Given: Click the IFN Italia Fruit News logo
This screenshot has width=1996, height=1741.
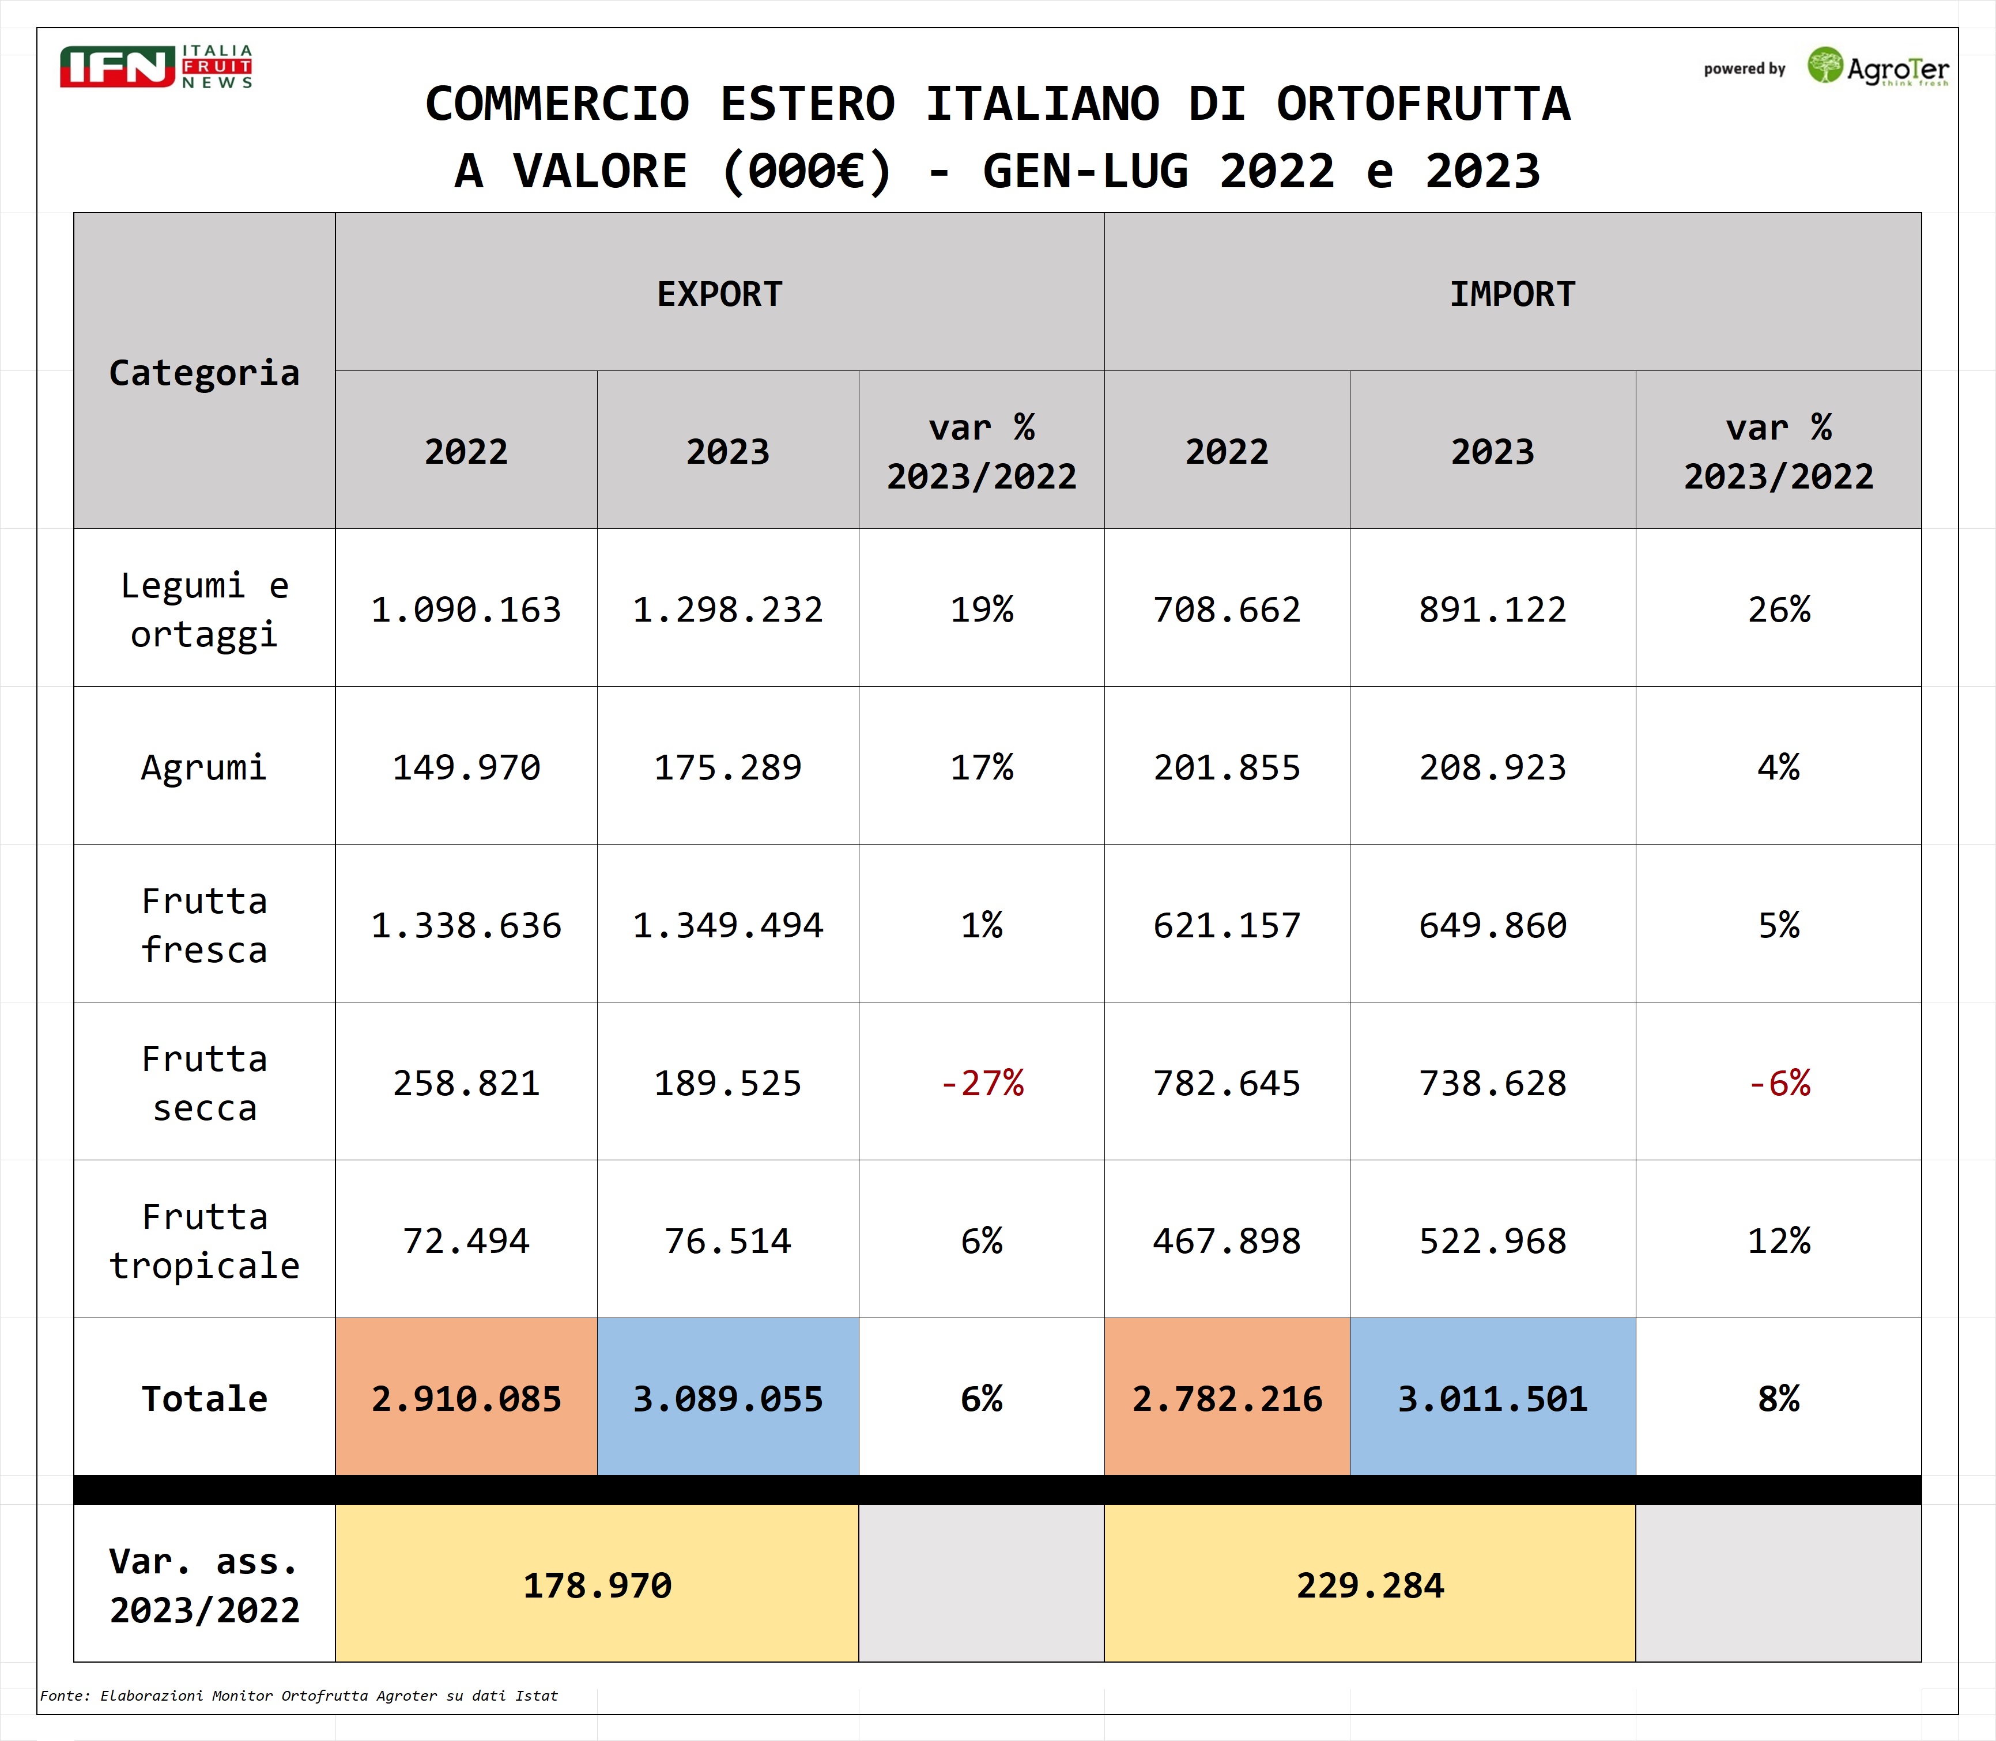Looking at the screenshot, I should click(x=156, y=66).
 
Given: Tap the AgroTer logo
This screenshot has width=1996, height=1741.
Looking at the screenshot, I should click(x=1877, y=67).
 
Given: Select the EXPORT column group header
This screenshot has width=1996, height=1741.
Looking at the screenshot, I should click(x=719, y=293).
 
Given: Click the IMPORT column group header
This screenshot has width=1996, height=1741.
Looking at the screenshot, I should click(x=1512, y=293).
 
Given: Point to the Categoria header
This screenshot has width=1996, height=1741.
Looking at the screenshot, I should click(x=204, y=372).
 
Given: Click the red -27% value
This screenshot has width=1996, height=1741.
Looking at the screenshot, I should click(x=982, y=1083).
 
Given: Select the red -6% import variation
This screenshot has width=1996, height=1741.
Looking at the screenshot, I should click(x=1778, y=1083).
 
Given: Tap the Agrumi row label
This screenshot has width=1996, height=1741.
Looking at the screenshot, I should click(x=204, y=767).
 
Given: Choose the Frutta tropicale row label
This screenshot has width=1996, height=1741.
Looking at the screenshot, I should click(x=204, y=1241).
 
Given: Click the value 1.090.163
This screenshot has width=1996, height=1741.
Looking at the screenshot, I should click(x=466, y=609).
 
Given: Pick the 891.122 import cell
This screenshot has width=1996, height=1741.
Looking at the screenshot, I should click(x=1493, y=609).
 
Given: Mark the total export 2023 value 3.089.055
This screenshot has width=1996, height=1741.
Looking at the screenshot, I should click(x=728, y=1398).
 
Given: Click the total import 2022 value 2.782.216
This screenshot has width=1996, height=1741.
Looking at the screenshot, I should click(x=1227, y=1398).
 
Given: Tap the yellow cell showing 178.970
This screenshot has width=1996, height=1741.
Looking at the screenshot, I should click(x=597, y=1584).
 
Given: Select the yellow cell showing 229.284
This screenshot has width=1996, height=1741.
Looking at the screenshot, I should click(x=1370, y=1584).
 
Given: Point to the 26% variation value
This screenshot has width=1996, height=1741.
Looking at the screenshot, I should click(x=1778, y=609).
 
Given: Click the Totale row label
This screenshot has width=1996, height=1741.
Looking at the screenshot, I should click(x=204, y=1398).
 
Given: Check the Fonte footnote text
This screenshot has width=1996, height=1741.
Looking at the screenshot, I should click(x=299, y=1695).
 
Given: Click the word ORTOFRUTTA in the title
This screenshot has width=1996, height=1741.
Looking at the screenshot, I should click(x=1423, y=104).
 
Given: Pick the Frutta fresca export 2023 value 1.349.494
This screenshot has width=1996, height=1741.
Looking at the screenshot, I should click(x=728, y=925).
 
